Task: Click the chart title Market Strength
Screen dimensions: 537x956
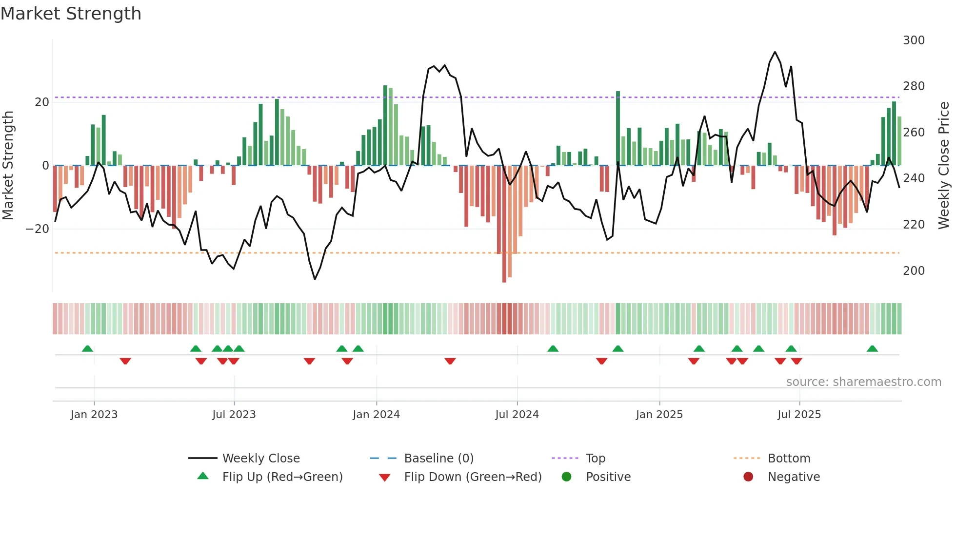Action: click(x=71, y=14)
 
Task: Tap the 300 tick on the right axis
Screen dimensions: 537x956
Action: click(x=913, y=40)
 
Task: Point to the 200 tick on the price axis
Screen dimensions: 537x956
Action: click(x=913, y=271)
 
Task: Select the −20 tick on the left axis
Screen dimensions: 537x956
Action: click(x=38, y=229)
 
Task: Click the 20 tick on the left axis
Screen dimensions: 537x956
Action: click(x=42, y=102)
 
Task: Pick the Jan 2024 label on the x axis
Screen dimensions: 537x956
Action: click(x=376, y=415)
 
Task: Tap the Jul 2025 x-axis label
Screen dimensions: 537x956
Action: click(x=799, y=415)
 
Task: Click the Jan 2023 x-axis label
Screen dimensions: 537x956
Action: click(x=94, y=415)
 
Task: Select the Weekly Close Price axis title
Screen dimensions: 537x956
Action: click(x=944, y=166)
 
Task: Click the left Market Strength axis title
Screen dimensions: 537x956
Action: click(x=8, y=166)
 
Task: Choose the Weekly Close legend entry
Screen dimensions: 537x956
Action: click(x=260, y=459)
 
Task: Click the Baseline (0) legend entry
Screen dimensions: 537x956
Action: click(x=438, y=459)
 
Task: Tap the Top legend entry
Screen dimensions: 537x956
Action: click(x=595, y=459)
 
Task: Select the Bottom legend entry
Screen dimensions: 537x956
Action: click(x=789, y=459)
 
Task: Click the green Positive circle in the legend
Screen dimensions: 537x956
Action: click(x=566, y=477)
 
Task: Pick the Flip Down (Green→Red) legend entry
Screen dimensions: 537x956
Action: click(x=472, y=477)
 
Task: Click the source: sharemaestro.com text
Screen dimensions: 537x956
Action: click(x=863, y=382)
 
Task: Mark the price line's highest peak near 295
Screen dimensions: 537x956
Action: click(x=775, y=52)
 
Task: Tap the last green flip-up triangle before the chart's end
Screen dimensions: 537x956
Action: click(x=872, y=348)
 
